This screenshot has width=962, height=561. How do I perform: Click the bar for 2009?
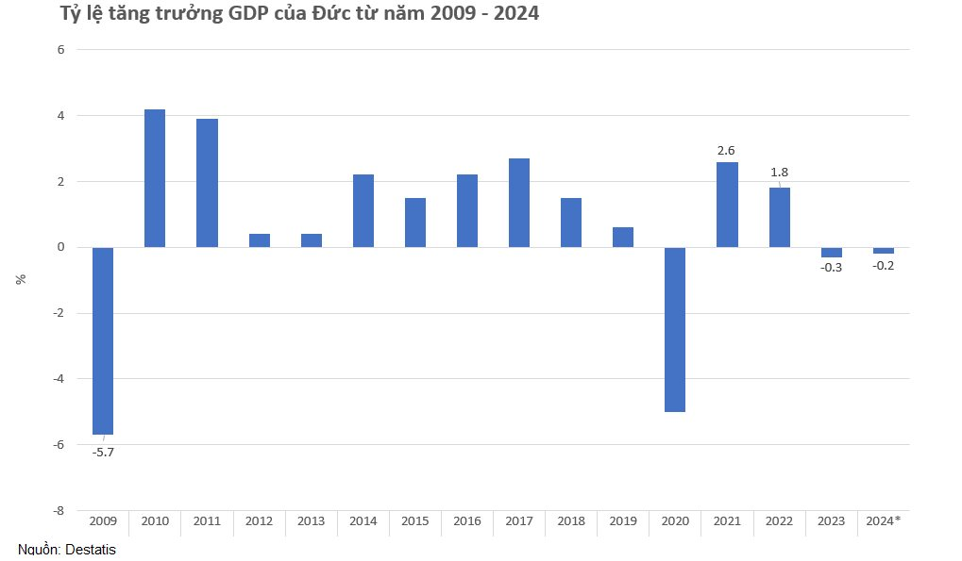tap(103, 340)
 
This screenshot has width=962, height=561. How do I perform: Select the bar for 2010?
tap(155, 178)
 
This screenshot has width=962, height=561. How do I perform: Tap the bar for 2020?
tap(675, 329)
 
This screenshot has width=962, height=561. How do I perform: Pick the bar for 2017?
tap(519, 203)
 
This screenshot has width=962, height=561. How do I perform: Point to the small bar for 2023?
tap(832, 252)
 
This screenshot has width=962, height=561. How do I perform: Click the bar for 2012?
tap(260, 240)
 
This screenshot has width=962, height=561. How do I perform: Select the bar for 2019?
tap(623, 237)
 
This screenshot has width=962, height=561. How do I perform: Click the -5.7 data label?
tap(103, 453)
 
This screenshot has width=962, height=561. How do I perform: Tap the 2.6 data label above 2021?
tap(727, 149)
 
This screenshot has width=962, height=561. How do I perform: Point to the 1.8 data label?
tap(780, 173)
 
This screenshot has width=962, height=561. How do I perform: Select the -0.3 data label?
tap(832, 268)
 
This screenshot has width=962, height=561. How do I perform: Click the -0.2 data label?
tap(884, 266)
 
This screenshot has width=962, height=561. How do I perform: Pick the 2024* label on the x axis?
tap(884, 520)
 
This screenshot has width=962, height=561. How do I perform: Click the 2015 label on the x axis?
tap(415, 520)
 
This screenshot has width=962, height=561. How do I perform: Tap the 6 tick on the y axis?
tap(59, 50)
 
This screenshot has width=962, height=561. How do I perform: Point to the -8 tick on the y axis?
tap(58, 510)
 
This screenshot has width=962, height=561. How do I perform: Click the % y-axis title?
tap(21, 279)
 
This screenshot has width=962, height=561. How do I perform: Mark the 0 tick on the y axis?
tap(59, 247)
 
